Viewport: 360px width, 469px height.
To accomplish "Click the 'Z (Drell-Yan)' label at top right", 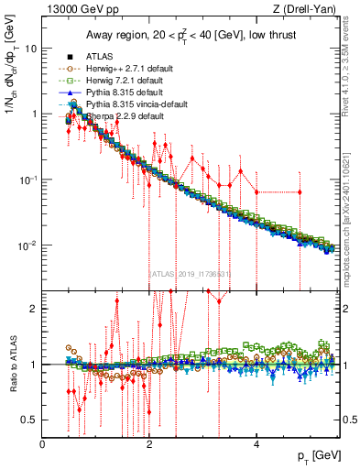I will [x=311, y=9].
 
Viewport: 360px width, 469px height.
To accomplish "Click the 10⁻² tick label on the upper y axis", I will [x=29, y=245].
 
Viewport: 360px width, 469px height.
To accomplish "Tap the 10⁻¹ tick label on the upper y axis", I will [x=29, y=179].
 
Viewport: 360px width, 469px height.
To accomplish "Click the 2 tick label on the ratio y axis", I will [x=35, y=309].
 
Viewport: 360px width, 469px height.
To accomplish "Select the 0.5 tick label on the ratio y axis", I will [x=31, y=420].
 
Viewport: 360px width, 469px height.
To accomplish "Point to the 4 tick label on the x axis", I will [x=256, y=444].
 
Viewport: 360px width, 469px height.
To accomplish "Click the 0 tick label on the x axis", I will [x=43, y=444].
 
